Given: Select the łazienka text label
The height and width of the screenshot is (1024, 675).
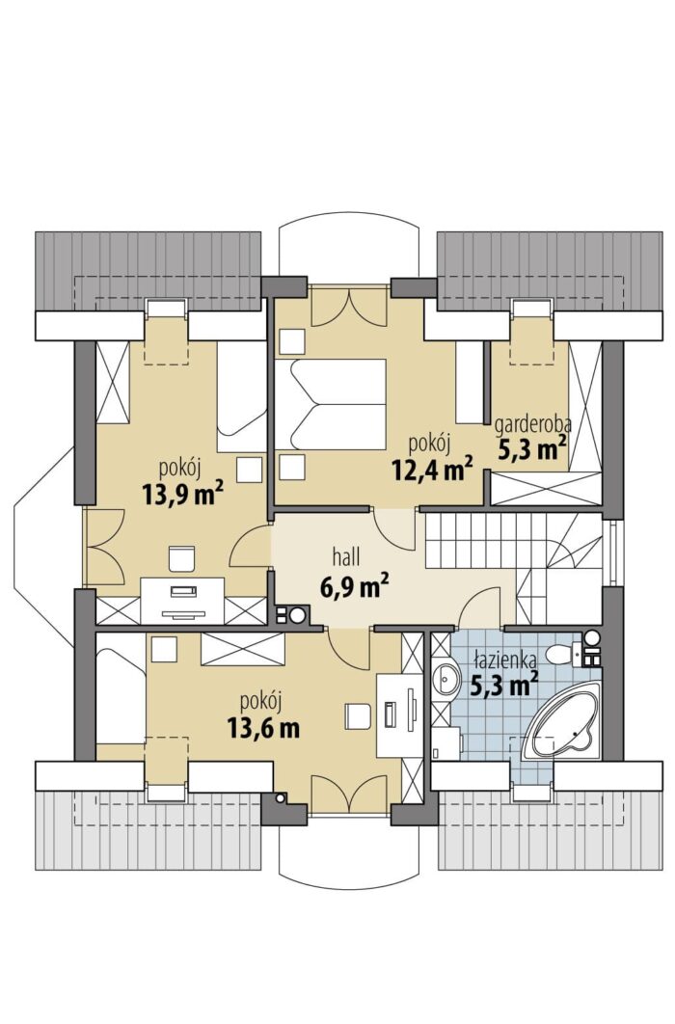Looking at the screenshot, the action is pos(505,659).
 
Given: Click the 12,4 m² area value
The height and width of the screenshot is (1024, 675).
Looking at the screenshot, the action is pos(433,468).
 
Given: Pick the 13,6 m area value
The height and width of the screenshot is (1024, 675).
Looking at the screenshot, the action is pos(263,727).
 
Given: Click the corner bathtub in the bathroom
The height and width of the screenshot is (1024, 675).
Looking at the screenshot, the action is pos(563,721).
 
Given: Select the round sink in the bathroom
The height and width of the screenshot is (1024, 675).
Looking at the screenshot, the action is pos(447,679).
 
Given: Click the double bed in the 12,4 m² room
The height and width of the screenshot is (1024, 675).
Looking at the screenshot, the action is pos(331,405).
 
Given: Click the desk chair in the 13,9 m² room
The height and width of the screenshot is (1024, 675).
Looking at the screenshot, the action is pos(182,557).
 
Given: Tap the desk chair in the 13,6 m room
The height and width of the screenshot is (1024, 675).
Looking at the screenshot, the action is pos(357,716).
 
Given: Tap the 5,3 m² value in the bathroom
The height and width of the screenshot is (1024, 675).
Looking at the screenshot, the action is pos(504,683).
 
